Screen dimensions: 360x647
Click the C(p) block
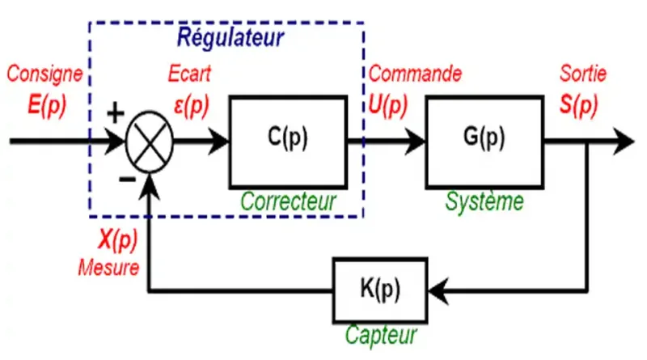click(x=287, y=140)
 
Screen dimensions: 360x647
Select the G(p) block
click(x=483, y=140)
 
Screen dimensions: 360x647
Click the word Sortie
click(x=583, y=74)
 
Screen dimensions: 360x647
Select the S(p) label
click(x=583, y=104)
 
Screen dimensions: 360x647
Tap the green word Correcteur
click(x=288, y=201)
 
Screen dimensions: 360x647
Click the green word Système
click(x=484, y=201)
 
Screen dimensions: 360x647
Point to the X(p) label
click(x=117, y=240)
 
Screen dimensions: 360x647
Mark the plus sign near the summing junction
click(x=116, y=112)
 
